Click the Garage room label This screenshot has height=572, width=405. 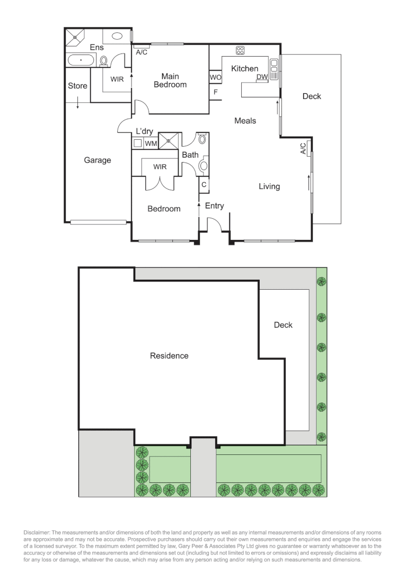(x=98, y=160)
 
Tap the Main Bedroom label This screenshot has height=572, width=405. (x=170, y=81)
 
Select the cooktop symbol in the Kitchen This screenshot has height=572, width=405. (x=240, y=51)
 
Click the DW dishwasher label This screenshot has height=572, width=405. (x=262, y=77)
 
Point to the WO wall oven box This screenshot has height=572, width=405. (x=215, y=77)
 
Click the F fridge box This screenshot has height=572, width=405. (x=215, y=92)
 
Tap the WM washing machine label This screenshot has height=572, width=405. (x=151, y=143)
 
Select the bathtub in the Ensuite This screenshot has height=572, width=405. (x=81, y=60)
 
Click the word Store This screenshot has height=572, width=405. (x=77, y=86)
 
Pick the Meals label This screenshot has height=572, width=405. (x=245, y=121)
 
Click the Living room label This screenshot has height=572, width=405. (x=269, y=186)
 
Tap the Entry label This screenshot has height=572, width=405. (x=214, y=206)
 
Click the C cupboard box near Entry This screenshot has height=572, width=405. (x=204, y=185)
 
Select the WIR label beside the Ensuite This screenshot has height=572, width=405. (x=117, y=79)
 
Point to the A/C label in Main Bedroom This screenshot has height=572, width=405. (x=142, y=52)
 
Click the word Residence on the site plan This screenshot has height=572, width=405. (x=169, y=356)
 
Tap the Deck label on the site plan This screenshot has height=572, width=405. (x=283, y=325)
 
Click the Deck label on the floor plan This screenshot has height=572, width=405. (x=312, y=96)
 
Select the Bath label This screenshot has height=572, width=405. (x=190, y=155)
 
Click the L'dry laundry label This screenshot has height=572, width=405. (x=145, y=131)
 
